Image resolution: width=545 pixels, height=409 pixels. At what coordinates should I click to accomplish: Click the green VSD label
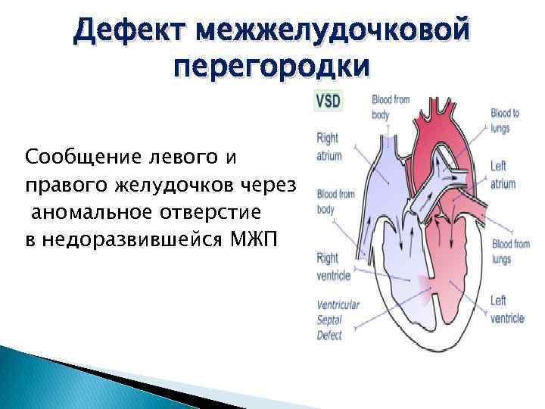coord(328,101)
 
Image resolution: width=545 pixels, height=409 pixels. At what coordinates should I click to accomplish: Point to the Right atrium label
coord(329,147)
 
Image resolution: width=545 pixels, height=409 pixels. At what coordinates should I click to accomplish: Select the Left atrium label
coord(503,175)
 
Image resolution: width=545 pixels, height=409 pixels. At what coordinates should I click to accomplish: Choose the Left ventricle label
coord(506,309)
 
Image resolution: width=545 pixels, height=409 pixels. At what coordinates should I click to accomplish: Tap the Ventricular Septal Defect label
coord(338,320)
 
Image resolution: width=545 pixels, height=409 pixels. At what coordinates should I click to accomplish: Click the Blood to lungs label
coord(505,120)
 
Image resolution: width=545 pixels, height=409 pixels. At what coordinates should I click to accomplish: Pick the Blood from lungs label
coord(510,251)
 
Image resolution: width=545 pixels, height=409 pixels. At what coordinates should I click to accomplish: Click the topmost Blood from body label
coord(391,107)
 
